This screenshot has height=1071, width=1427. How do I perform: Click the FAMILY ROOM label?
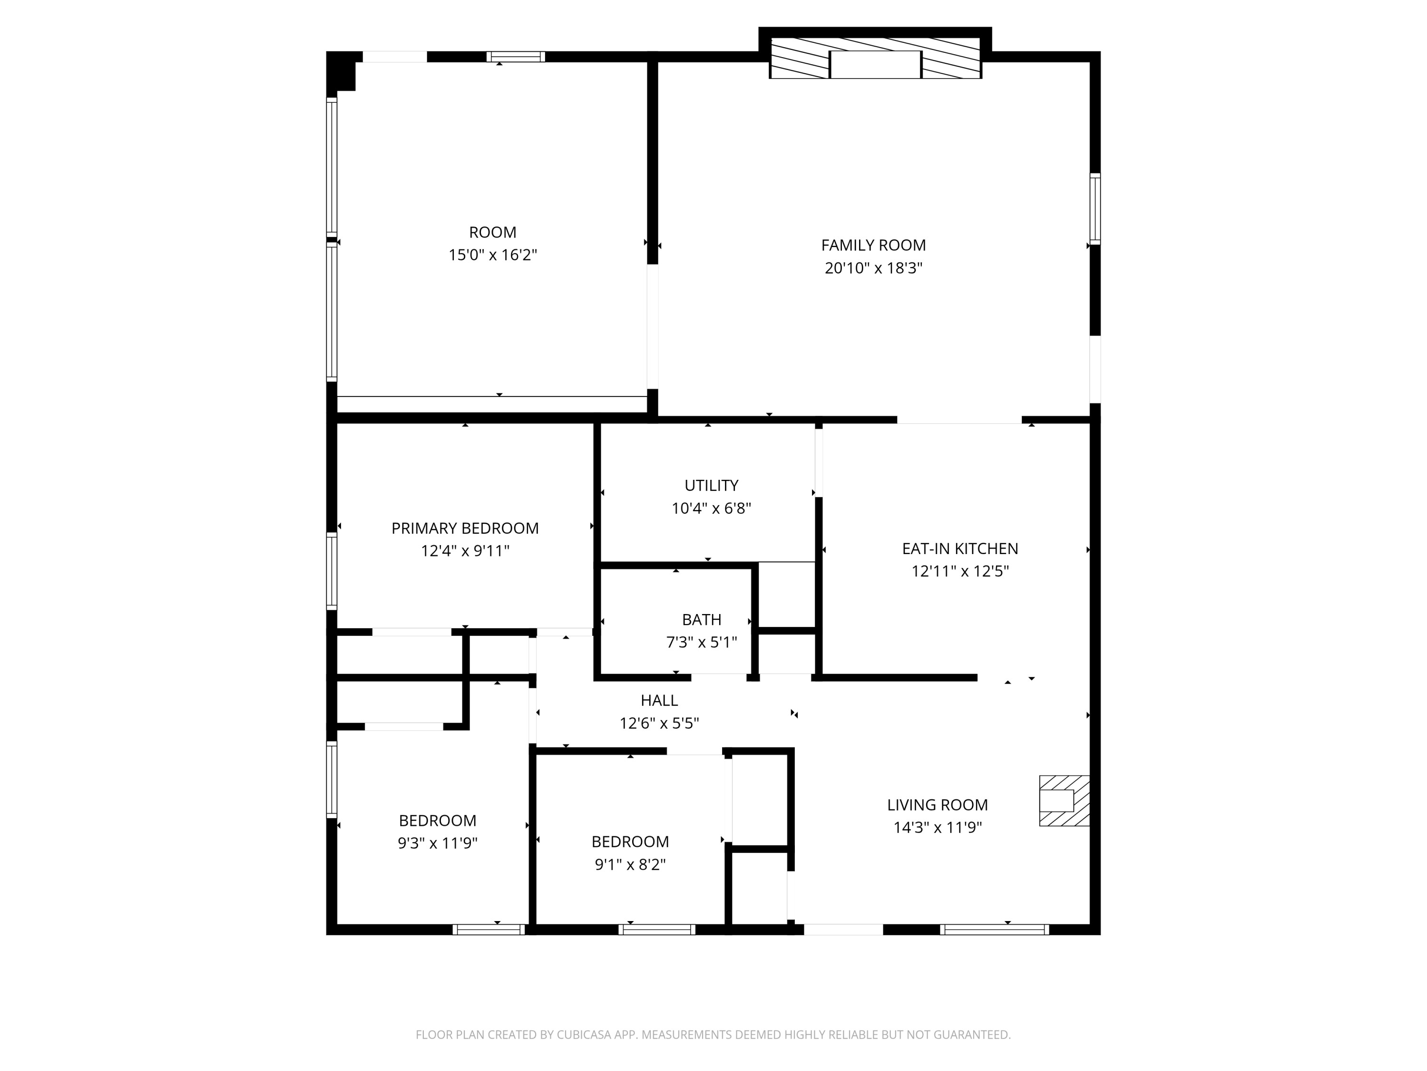tap(873, 245)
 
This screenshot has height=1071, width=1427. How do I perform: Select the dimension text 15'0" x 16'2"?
tap(492, 255)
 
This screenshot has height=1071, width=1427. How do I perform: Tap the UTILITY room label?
tap(711, 486)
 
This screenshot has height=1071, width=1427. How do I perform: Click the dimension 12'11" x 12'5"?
tap(959, 571)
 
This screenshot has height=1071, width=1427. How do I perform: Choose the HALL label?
tap(659, 701)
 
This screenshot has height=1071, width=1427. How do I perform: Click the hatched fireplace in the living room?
tap(1063, 801)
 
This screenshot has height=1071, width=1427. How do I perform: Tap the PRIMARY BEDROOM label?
tap(464, 528)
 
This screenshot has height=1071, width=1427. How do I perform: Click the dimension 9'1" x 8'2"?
tap(630, 864)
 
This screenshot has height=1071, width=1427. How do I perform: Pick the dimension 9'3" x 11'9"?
tap(438, 843)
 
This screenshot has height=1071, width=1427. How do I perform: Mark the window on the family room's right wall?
tap(1095, 208)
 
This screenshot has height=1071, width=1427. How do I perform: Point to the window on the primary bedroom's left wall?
tap(332, 571)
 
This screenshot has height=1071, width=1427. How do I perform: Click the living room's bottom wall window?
tap(994, 930)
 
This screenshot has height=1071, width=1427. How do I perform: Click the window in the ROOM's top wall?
tap(516, 57)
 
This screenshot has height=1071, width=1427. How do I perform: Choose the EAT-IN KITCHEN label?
tap(959, 549)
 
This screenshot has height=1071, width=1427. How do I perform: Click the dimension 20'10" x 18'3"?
tap(873, 268)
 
